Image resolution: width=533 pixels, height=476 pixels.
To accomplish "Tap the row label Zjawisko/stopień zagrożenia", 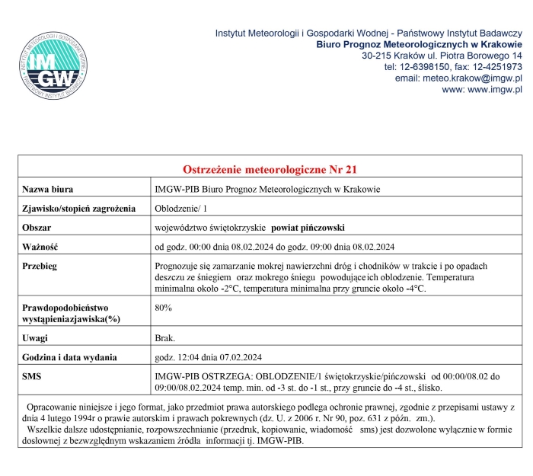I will click(78, 208).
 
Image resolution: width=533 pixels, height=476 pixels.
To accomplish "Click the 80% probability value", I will click(163, 308).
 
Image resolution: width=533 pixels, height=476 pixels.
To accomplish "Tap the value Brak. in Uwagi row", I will click(165, 337).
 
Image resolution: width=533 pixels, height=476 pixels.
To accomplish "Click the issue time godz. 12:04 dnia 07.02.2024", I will click(208, 356).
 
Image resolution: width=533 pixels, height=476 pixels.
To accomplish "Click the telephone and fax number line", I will click(453, 67).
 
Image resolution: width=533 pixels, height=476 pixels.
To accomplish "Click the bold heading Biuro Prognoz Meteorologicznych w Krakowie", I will click(419, 44).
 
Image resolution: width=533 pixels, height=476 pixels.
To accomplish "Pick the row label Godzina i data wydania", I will click(69, 356).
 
